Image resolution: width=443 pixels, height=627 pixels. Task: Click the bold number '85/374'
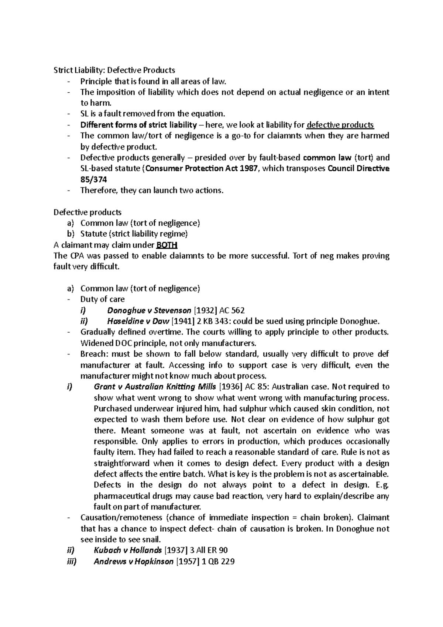tap(94, 180)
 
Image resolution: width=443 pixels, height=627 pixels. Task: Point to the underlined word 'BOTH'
tap(167, 245)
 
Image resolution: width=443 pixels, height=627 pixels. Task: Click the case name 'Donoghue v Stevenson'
tap(149, 311)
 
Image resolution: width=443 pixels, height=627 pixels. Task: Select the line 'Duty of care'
tap(102, 299)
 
